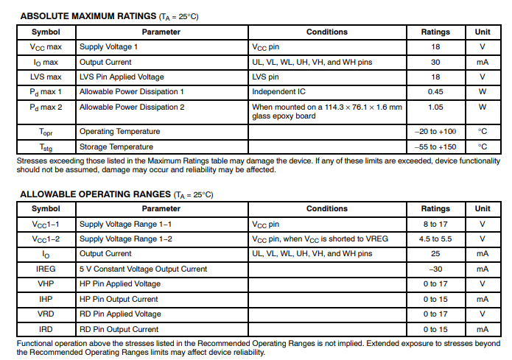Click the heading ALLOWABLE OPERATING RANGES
[x=94, y=194]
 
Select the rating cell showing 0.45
[x=435, y=92]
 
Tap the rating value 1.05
[x=435, y=107]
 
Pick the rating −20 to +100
[x=435, y=132]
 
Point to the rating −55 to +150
[x=435, y=147]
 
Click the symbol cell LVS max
[x=46, y=77]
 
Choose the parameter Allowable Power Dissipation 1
[x=131, y=92]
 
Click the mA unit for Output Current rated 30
[x=483, y=62]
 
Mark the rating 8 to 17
[x=435, y=224]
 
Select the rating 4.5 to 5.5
[x=435, y=239]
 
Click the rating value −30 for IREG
[x=435, y=269]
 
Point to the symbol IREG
[x=46, y=269]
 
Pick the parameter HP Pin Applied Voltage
[x=120, y=284]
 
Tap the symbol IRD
[x=46, y=329]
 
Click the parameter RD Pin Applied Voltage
[x=120, y=314]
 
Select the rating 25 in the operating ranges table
[x=435, y=254]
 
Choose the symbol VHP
[x=46, y=284]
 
